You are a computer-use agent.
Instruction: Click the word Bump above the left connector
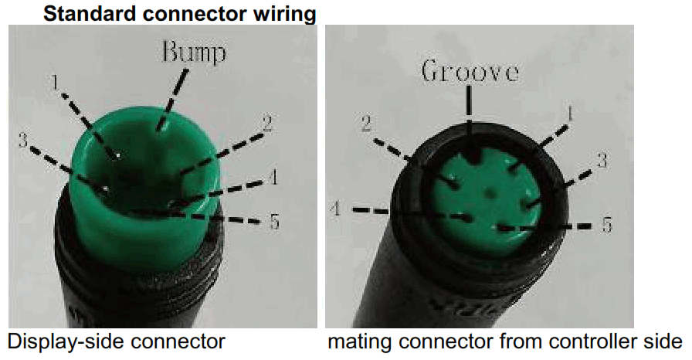pos(194,53)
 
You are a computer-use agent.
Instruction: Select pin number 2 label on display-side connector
pos(267,122)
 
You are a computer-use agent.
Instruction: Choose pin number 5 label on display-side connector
pos(274,222)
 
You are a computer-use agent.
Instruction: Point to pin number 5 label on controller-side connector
pos(607,226)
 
